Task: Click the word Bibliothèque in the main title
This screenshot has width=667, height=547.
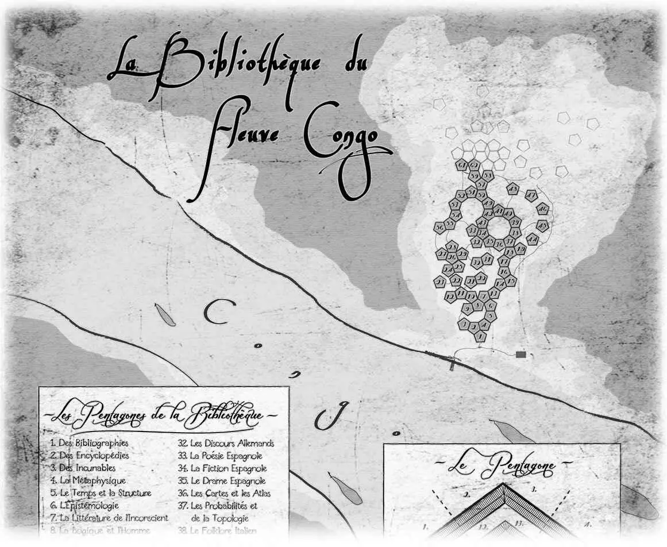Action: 236,66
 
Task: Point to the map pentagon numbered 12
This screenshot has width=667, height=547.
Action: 451,295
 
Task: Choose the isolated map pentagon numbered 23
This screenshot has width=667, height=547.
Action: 441,282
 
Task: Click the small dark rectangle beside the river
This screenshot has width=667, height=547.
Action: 521,355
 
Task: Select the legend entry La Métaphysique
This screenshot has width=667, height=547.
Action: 87,480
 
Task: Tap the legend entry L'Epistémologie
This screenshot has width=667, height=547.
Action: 84,506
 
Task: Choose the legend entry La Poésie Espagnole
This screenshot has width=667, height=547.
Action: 222,456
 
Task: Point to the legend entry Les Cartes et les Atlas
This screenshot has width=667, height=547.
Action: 224,493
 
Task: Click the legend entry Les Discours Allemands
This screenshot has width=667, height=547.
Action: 226,443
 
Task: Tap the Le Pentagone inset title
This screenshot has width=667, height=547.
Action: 501,465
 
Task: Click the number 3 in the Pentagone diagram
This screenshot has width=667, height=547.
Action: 534,490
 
